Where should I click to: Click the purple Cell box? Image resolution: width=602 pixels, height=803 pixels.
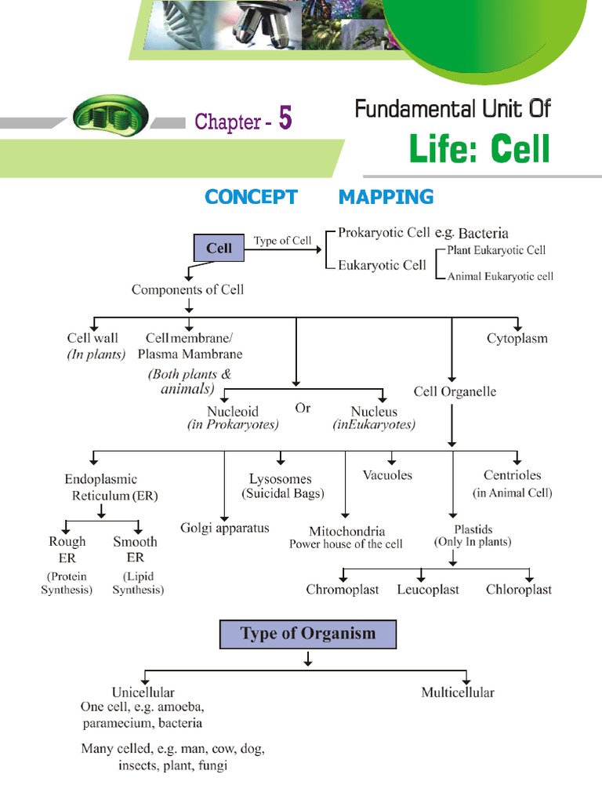tap(219, 249)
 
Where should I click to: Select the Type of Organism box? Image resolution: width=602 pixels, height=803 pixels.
tap(307, 634)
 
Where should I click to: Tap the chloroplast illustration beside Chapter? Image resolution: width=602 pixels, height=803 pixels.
tap(110, 119)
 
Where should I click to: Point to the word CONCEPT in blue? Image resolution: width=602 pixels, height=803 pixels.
tap(251, 197)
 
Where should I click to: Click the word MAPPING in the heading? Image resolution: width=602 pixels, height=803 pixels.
tap(386, 197)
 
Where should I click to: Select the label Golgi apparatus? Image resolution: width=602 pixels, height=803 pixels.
tap(224, 528)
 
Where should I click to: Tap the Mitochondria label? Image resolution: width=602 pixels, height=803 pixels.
tap(346, 531)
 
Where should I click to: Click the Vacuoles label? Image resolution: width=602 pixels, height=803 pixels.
tap(387, 475)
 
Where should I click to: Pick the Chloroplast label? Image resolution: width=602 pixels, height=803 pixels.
tap(518, 590)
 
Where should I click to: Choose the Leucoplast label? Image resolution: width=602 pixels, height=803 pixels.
tap(427, 590)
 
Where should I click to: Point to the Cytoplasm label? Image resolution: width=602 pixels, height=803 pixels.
tap(517, 339)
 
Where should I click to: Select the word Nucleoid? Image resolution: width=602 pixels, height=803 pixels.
tap(233, 412)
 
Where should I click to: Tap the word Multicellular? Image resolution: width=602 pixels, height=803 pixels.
tap(458, 692)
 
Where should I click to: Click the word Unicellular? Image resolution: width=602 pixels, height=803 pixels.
tap(143, 692)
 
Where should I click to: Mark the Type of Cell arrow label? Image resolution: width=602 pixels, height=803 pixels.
tap(282, 241)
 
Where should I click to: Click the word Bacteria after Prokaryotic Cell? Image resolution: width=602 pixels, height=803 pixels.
tap(483, 233)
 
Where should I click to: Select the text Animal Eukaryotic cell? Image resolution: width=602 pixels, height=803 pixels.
tap(500, 277)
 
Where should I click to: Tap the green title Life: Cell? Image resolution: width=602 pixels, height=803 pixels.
tap(479, 149)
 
